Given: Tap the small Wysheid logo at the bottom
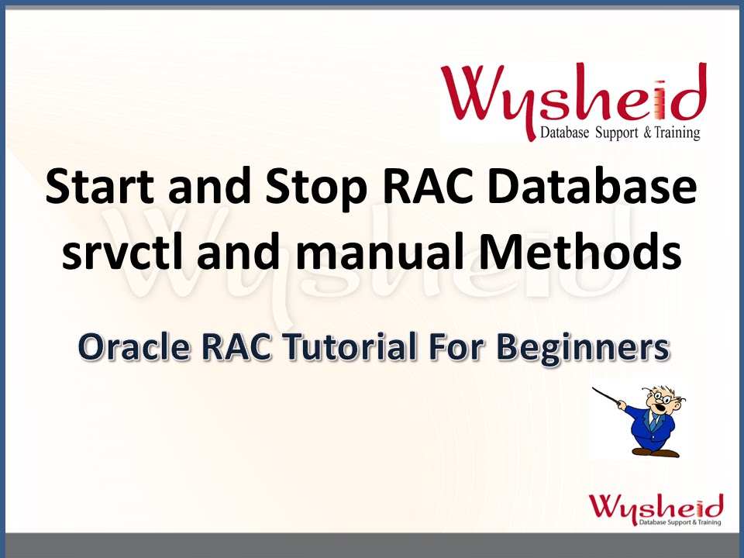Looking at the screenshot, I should [x=656, y=508].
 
